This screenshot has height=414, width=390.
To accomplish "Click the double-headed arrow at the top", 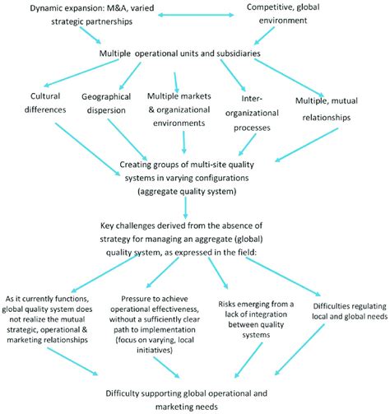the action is (196, 15).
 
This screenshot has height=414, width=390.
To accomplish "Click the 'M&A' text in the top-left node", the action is (118, 8).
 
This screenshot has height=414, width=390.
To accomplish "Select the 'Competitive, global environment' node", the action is (283, 14).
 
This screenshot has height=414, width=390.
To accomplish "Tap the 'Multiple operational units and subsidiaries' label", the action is (179, 53).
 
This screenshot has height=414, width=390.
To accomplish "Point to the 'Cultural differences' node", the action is (45, 103).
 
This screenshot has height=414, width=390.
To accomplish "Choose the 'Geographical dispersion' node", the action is (106, 104).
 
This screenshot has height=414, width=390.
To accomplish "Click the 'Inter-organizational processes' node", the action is (252, 113).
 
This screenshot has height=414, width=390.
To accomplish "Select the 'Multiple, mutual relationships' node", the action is (327, 109).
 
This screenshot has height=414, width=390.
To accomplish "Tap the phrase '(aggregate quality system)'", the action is (187, 191).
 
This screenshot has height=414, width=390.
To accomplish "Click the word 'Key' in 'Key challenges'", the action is (107, 226).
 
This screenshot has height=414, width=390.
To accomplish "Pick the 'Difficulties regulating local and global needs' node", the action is (350, 311).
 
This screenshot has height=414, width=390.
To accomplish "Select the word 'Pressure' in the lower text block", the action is (136, 299).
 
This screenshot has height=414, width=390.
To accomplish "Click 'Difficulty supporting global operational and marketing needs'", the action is (187, 400).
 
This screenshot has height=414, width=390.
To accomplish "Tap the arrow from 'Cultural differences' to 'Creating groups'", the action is (88, 149).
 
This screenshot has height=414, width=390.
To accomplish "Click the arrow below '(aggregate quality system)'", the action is (185, 207).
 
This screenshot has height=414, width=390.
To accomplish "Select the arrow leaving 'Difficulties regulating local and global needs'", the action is (299, 350).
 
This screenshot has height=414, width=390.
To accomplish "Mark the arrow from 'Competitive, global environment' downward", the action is (264, 35).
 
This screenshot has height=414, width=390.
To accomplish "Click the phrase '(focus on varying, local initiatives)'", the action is (155, 345).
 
